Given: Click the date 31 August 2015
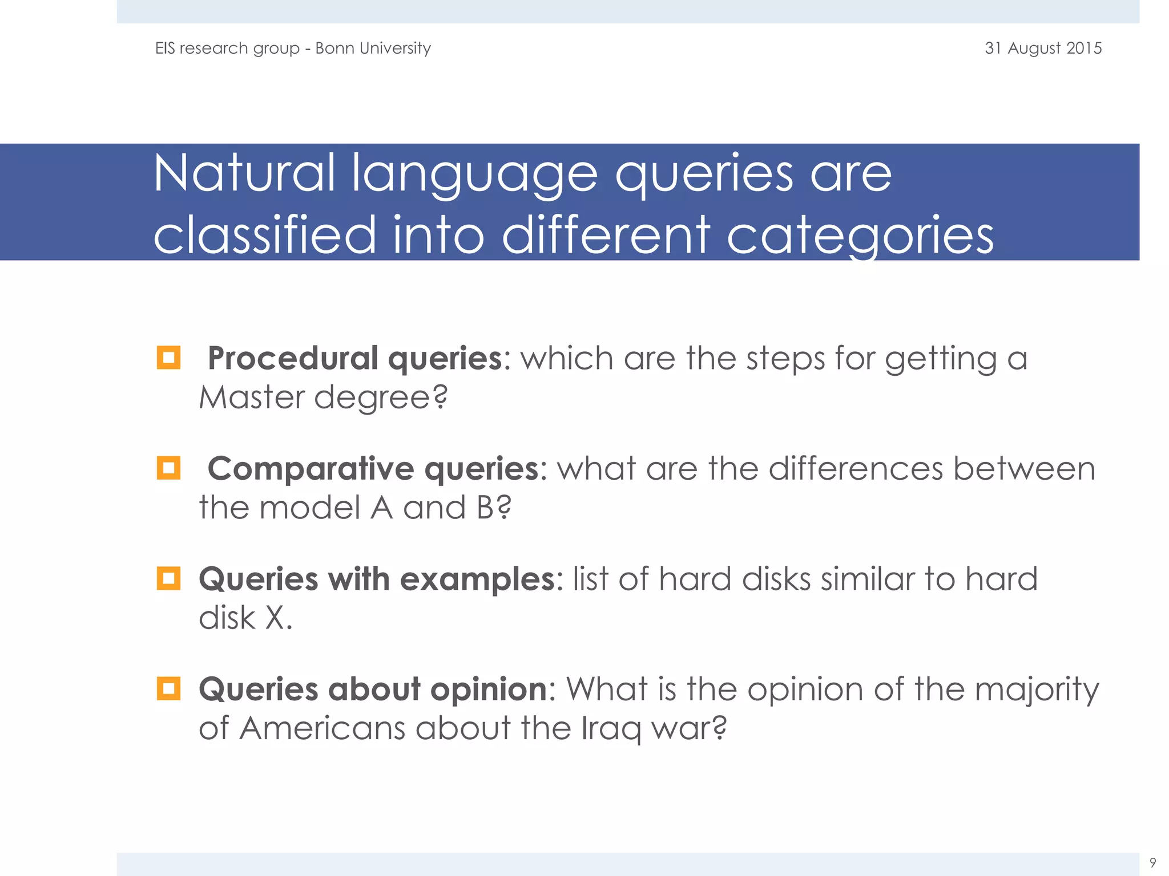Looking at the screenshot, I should [1043, 48].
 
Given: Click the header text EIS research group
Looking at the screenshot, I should [227, 48].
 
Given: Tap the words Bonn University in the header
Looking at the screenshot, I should [373, 48].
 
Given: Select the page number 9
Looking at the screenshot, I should [1152, 862].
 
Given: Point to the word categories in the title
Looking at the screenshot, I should [860, 235].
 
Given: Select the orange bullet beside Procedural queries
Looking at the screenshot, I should [168, 358].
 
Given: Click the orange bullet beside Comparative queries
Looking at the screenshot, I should [168, 468].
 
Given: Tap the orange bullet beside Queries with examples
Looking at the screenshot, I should [168, 578].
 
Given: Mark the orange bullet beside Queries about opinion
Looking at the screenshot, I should [168, 688].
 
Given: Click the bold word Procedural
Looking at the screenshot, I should [292, 358].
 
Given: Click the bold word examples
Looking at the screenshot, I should [477, 579].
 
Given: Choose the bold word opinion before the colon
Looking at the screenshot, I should [489, 690].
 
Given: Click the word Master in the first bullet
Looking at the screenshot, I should [252, 397].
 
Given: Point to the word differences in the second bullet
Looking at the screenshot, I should [855, 469].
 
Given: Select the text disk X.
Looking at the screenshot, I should [245, 618].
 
